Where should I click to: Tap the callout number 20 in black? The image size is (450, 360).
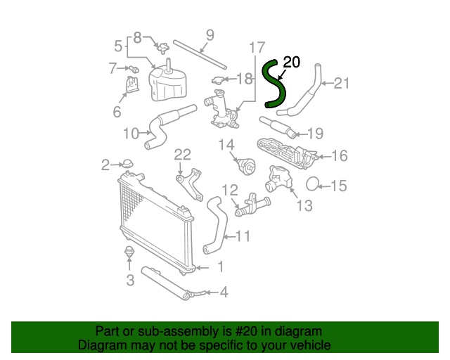click(x=291, y=62)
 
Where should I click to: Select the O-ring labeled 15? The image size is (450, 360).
click(x=312, y=184)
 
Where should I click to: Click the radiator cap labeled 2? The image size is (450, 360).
click(x=127, y=164)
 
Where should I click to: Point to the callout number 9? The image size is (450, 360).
click(x=210, y=35)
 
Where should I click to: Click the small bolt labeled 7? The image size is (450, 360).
click(x=134, y=69)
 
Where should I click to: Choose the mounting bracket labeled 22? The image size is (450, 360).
click(x=189, y=184)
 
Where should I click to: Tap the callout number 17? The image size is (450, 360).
click(x=257, y=47)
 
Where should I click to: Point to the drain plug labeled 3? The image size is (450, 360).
click(x=129, y=252)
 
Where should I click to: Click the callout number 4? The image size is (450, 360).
click(x=224, y=292)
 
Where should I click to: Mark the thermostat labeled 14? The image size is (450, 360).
click(x=247, y=167)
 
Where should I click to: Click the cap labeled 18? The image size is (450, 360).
click(x=218, y=80)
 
